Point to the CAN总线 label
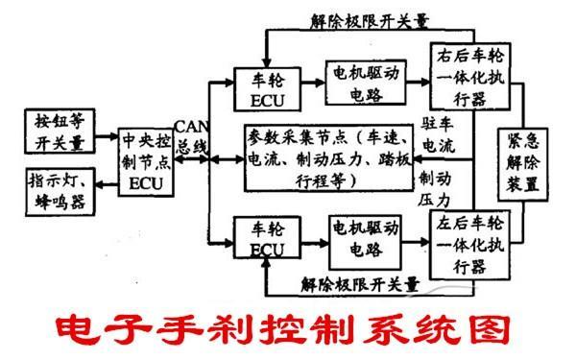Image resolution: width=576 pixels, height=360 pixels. click(189, 138)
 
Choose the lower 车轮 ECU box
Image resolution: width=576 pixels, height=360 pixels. click(266, 239)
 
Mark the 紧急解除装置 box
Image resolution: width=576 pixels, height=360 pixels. click(519, 159)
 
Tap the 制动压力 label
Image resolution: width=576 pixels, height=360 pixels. click(432, 190)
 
